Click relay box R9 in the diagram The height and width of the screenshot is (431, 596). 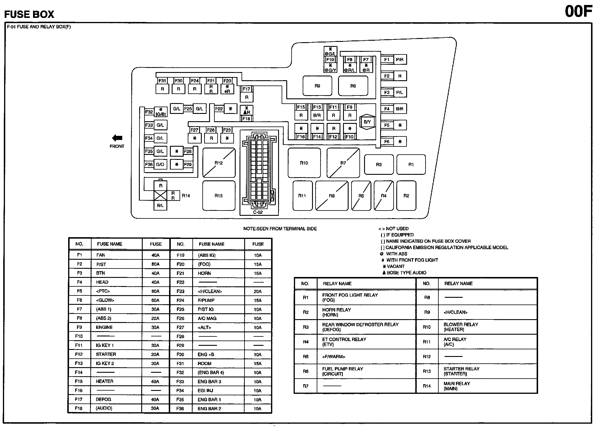click(x=317, y=86)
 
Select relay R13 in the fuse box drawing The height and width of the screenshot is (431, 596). click(x=219, y=196)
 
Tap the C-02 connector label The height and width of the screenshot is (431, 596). click(x=258, y=212)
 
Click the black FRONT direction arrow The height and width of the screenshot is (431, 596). click(x=117, y=138)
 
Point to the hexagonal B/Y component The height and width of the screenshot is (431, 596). click(x=367, y=122)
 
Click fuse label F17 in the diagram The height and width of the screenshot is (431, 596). click(x=247, y=89)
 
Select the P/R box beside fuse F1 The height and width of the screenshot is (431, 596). click(x=399, y=60)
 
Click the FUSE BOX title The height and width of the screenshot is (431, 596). click(x=29, y=14)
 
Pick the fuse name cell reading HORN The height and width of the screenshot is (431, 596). click(x=204, y=273)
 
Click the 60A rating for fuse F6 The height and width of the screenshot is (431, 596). click(x=155, y=300)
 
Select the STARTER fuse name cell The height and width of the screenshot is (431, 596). click(x=106, y=354)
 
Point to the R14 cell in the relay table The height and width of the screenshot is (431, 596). click(x=427, y=386)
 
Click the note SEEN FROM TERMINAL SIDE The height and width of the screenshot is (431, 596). click(x=280, y=229)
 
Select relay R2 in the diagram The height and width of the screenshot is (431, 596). click(x=406, y=196)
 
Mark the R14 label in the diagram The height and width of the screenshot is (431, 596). click(x=186, y=196)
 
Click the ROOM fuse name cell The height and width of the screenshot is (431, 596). click(x=204, y=363)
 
